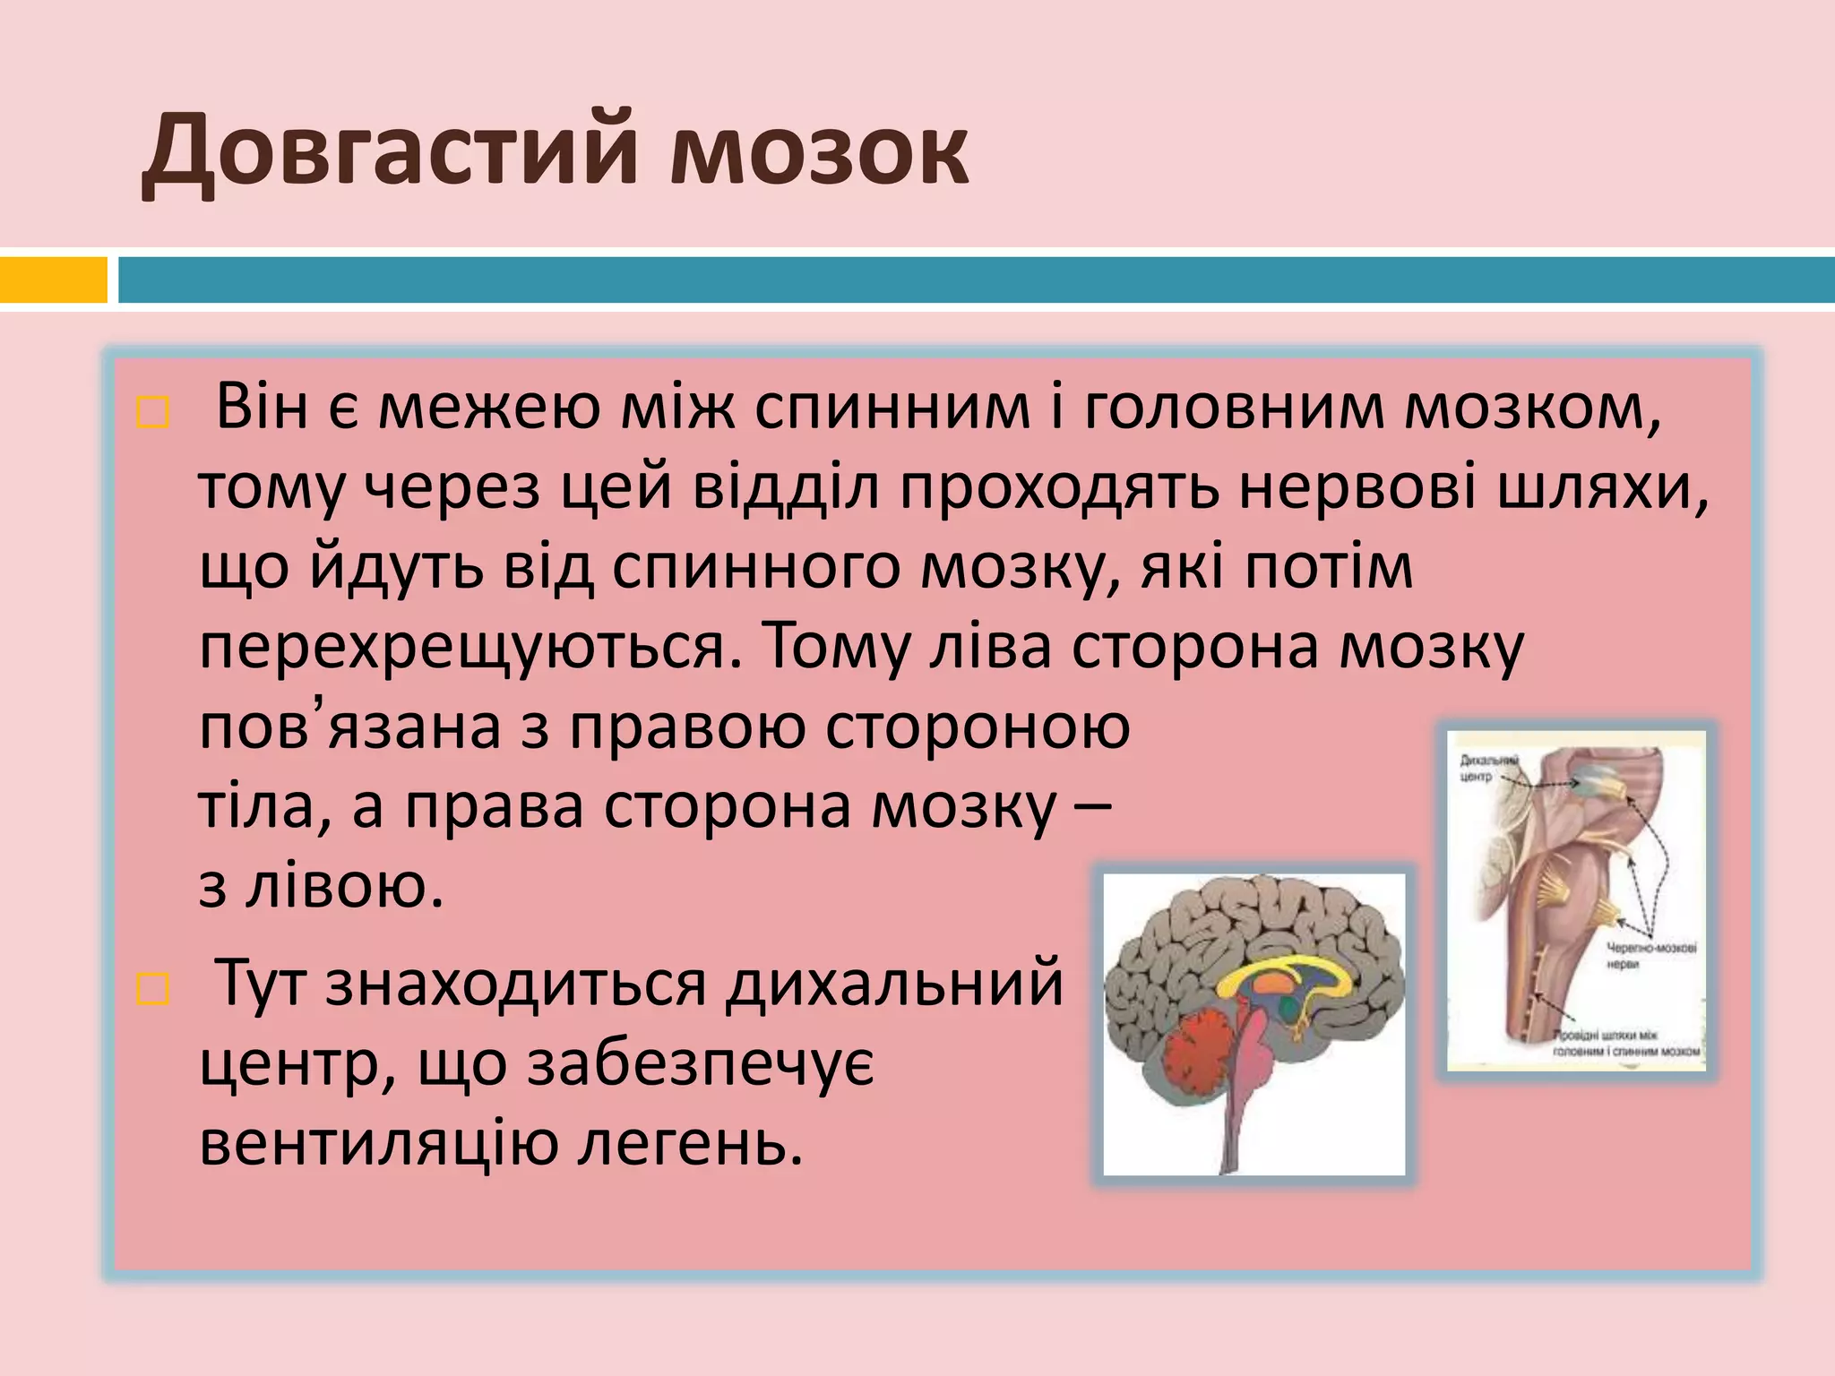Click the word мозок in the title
[819, 150]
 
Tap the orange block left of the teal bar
[53, 279]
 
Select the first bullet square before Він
[152, 413]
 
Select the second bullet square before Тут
[152, 990]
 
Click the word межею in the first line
[489, 408]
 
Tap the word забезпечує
[700, 1064]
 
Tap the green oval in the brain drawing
[1288, 1010]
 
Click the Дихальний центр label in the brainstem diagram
[1488, 769]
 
